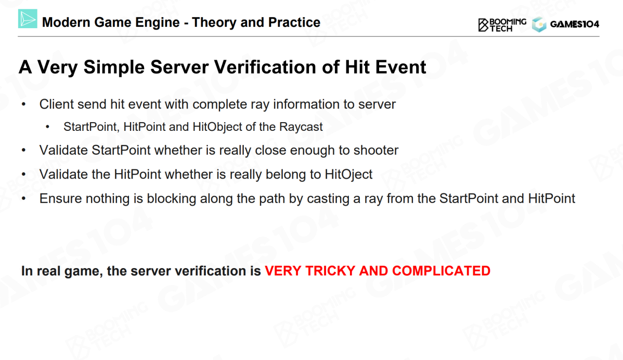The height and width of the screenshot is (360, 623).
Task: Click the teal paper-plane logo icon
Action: coord(28,18)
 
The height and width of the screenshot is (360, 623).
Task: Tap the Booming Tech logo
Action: coord(502,25)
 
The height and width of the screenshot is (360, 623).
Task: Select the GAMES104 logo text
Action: coord(574,24)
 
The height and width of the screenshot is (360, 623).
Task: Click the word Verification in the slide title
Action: coord(266,67)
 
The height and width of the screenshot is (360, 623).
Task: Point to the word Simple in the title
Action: coord(114,67)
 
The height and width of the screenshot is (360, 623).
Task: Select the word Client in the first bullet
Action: coord(56,104)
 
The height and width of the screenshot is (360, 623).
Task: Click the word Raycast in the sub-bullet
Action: coord(301,127)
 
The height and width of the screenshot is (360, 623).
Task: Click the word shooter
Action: coord(376,150)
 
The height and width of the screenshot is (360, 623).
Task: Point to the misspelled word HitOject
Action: coord(348,175)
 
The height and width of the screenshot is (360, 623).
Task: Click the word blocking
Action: coord(171,198)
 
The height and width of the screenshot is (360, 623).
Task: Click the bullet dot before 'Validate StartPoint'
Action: coord(24,150)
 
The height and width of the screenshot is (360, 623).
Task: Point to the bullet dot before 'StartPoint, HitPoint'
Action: coord(48,127)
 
